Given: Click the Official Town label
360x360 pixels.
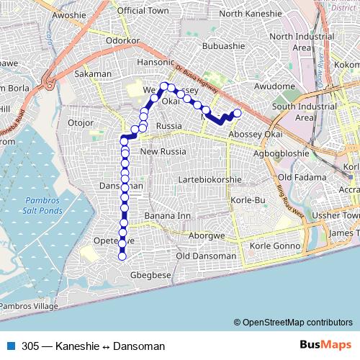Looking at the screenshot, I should [143, 11].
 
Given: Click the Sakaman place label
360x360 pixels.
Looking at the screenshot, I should [93, 73].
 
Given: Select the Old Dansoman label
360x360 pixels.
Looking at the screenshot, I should [205, 256].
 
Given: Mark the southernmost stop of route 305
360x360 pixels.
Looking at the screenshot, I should [122, 256].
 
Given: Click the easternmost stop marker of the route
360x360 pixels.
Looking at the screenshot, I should [237, 112].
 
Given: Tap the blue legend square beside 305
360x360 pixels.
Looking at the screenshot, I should [10, 346].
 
